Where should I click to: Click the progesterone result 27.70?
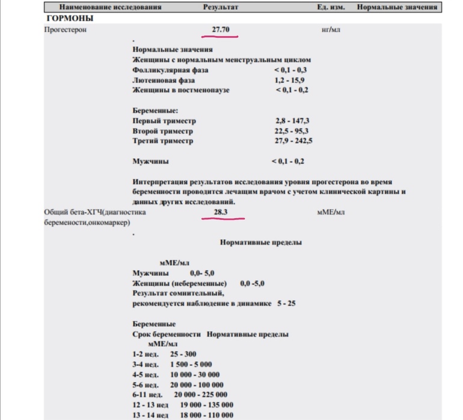pos(221,29)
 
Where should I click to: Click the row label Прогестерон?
pos(66,29)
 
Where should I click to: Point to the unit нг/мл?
pos(331,29)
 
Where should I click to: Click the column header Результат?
pos(221,7)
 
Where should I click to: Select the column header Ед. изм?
pos(330,7)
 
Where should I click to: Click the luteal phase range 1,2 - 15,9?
pos(292,80)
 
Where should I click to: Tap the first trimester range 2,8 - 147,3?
pos(292,121)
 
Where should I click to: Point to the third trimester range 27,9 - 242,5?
pos(293,141)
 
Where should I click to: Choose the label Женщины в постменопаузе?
pos(181,90)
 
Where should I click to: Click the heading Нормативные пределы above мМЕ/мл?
pos(261,243)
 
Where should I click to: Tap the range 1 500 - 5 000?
pos(191,364)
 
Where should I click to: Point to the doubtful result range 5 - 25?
pos(286,303)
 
